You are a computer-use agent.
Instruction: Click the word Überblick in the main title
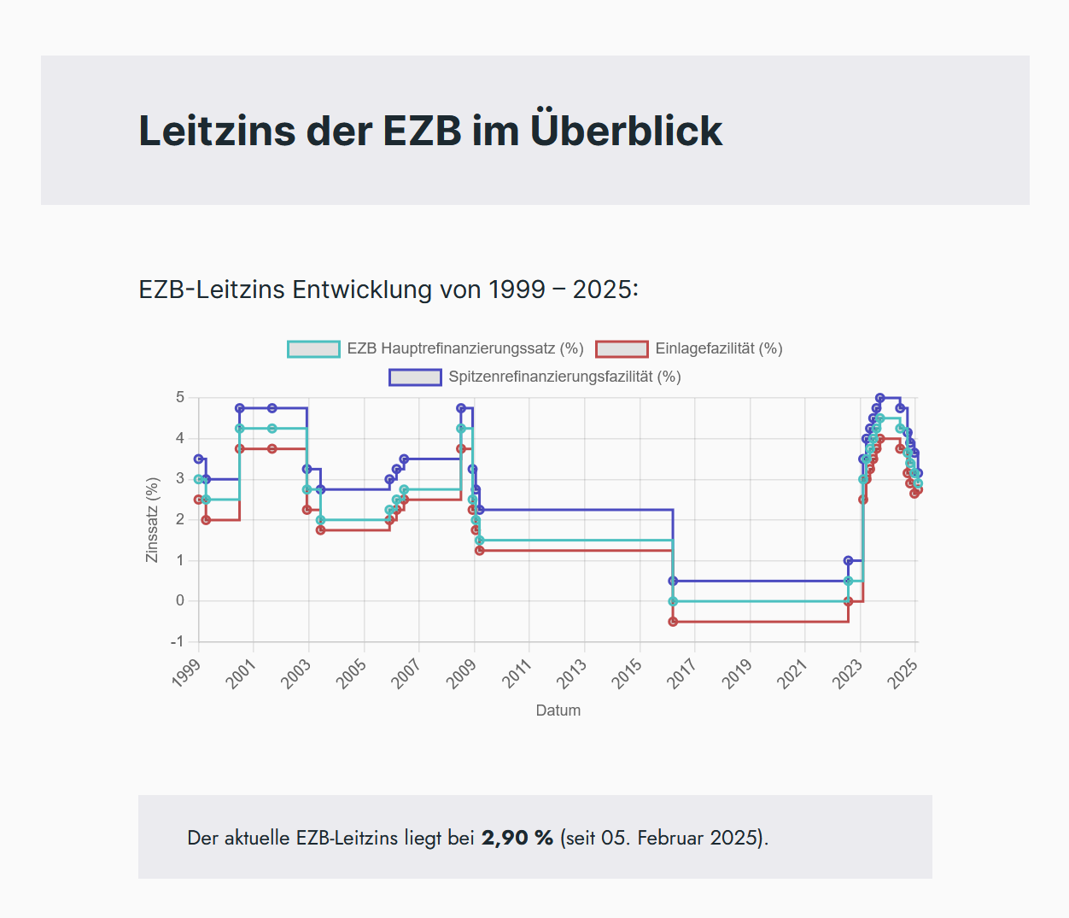tap(626, 131)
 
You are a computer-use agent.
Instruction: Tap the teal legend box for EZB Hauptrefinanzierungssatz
tap(313, 348)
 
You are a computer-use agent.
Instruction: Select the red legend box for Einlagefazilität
tap(622, 348)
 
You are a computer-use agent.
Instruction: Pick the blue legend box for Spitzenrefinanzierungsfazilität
tap(415, 377)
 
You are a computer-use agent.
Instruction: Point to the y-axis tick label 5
tap(180, 397)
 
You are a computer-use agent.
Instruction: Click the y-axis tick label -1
tap(177, 641)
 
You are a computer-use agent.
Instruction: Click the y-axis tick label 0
tap(180, 600)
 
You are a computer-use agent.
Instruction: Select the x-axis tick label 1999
tap(187, 673)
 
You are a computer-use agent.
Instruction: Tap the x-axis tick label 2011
tap(517, 673)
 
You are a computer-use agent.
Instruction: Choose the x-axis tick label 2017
tap(682, 673)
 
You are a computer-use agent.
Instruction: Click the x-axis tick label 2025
tap(903, 673)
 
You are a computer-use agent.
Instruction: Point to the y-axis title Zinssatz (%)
tap(153, 519)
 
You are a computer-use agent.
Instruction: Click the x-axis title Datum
tap(558, 710)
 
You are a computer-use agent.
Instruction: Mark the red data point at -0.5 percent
tap(673, 622)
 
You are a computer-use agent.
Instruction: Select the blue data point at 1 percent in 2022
tap(848, 561)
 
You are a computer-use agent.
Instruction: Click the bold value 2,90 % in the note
tap(517, 838)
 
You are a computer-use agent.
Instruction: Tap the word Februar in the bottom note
tap(671, 838)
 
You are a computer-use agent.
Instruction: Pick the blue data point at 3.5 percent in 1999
tap(199, 459)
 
